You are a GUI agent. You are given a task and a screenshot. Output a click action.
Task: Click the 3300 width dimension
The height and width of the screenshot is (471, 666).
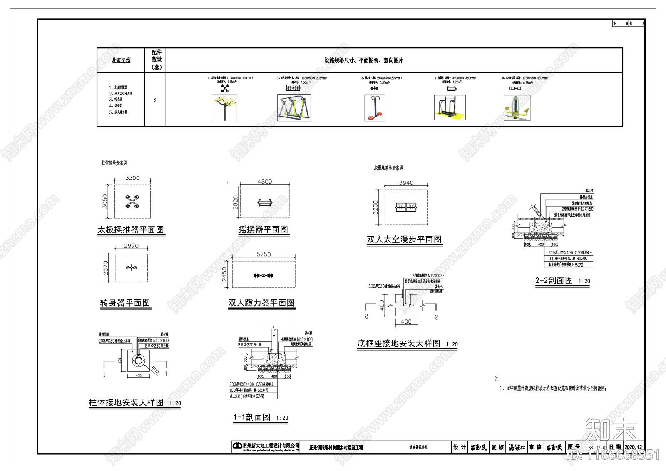[x=132, y=178]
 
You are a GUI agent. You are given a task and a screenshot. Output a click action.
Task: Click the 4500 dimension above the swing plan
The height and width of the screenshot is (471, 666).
[x=265, y=182]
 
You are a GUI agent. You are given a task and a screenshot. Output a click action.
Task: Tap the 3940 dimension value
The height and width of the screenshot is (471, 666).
[x=406, y=183]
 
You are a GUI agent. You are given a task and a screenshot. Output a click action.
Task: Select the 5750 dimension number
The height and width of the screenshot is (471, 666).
[x=263, y=254]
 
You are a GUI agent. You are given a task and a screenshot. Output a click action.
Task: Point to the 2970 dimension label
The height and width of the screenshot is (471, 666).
[x=131, y=246]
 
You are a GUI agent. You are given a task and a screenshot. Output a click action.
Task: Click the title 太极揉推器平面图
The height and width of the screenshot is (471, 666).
[x=131, y=230]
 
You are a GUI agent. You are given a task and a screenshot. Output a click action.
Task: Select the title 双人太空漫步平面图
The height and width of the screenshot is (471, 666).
[x=404, y=239]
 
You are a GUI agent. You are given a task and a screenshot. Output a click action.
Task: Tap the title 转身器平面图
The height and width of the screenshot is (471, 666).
[x=125, y=303]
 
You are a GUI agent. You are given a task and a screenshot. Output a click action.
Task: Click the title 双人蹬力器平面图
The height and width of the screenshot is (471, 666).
[x=261, y=303]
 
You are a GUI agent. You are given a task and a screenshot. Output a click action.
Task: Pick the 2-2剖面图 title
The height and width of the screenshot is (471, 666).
[x=554, y=281]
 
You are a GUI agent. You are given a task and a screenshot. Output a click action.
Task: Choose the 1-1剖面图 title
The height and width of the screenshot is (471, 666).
[x=252, y=417]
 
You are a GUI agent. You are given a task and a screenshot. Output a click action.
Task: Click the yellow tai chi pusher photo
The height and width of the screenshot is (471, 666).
[x=224, y=108]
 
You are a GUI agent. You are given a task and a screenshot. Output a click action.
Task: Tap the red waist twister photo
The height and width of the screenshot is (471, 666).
[x=375, y=107]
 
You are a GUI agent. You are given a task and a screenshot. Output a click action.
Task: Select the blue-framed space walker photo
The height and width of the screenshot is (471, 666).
[x=294, y=107]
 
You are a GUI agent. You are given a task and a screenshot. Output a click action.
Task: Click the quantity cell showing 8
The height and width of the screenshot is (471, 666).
[x=155, y=100]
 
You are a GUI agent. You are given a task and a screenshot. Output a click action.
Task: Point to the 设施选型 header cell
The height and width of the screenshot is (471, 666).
[x=121, y=60]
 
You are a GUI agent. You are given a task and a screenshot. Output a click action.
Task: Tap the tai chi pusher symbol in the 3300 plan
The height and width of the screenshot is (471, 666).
[x=132, y=202]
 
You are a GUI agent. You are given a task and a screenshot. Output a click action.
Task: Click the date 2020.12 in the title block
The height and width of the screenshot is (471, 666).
[x=634, y=447]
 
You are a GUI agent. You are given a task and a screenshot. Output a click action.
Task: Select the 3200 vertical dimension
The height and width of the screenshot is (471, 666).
[x=375, y=207]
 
